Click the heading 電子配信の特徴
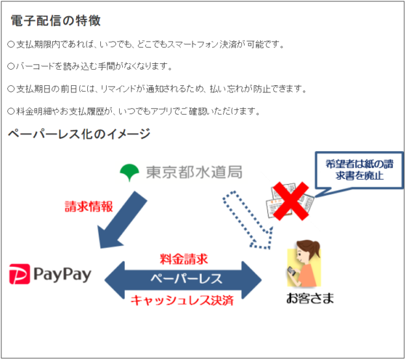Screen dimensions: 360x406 (x=55, y=21)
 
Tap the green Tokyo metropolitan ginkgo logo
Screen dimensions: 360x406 (x=130, y=172)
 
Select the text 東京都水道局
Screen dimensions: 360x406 (x=194, y=172)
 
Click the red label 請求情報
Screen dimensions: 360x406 (x=88, y=206)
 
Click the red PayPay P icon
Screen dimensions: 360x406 (x=21, y=275)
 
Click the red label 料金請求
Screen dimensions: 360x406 (x=183, y=258)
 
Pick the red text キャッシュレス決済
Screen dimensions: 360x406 (x=182, y=300)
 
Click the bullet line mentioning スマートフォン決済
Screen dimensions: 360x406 (x=146, y=45)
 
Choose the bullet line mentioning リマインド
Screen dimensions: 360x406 (x=156, y=89)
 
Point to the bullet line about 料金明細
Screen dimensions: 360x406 (x=133, y=111)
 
